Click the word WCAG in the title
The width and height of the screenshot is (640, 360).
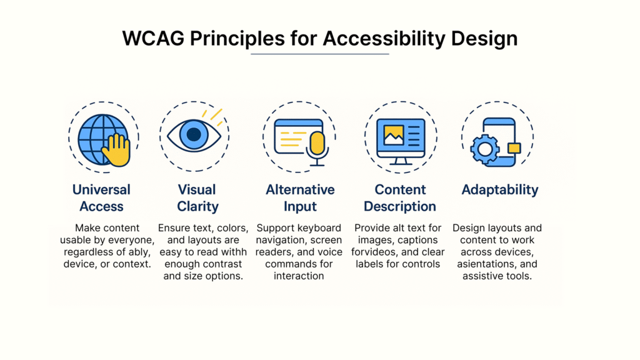click(x=153, y=38)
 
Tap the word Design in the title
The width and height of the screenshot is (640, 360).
click(x=484, y=39)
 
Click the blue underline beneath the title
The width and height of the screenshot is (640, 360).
click(x=319, y=54)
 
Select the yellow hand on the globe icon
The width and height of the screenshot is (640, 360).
click(x=116, y=150)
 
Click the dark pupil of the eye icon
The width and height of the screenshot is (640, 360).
click(x=194, y=134)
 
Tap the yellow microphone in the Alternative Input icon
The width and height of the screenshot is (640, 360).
click(x=317, y=144)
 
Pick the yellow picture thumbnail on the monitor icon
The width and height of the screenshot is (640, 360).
click(x=394, y=135)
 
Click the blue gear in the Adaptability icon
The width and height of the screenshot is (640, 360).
click(x=485, y=149)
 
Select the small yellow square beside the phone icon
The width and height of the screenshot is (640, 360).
click(x=514, y=147)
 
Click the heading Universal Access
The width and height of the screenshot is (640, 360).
click(x=101, y=198)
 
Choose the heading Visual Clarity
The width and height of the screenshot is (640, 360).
click(x=197, y=198)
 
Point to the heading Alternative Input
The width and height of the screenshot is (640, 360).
click(x=300, y=198)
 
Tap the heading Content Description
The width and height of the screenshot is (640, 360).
click(x=400, y=198)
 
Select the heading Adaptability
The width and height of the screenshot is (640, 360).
click(x=500, y=190)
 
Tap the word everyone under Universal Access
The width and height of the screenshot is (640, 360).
click(x=134, y=240)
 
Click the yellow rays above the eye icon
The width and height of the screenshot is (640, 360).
click(x=213, y=116)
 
